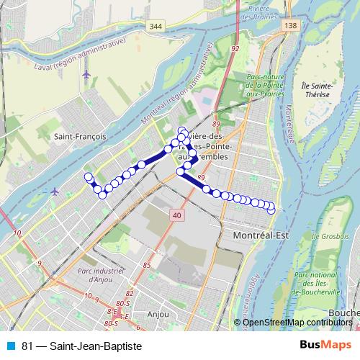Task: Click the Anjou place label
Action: click(x=157, y=314)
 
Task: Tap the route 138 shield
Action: click(x=290, y=26)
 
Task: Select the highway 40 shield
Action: click(x=177, y=215)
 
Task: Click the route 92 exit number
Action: click(x=235, y=49)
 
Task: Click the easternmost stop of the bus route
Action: click(x=271, y=210)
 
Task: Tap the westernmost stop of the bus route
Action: click(x=89, y=177)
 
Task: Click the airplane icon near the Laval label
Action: click(x=86, y=73)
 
